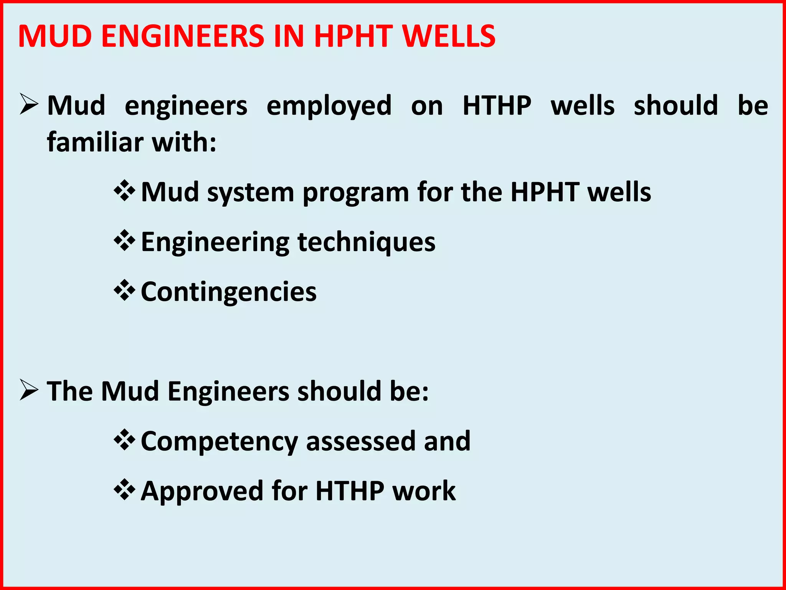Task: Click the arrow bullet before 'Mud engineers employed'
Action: pos(29,104)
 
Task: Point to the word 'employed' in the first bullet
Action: pos(329,106)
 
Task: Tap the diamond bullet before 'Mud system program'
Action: pos(124,191)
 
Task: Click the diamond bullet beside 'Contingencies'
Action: pos(124,290)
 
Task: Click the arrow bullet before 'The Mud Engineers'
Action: pos(29,390)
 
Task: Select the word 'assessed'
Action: pos(361,441)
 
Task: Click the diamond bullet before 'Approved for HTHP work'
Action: pos(124,490)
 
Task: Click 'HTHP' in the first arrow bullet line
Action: pos(497,106)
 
